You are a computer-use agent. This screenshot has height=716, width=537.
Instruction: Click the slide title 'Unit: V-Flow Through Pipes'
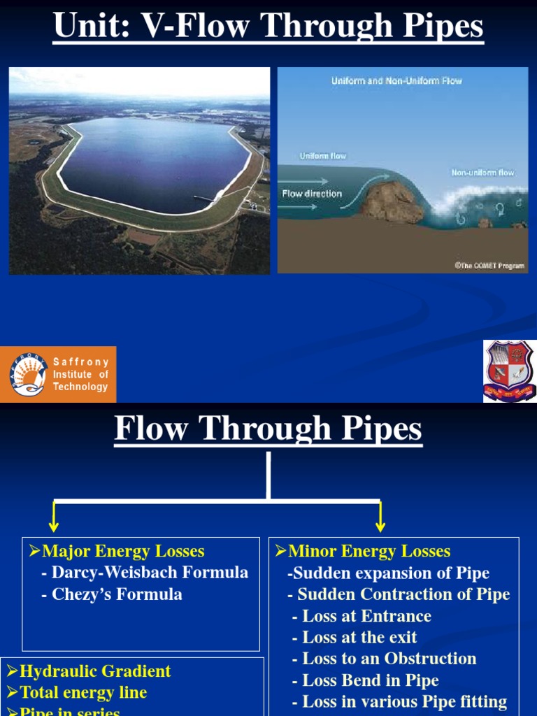(x=268, y=27)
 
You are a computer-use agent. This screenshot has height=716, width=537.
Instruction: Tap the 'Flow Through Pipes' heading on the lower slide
(x=268, y=429)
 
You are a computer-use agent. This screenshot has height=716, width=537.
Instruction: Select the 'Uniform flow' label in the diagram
(x=322, y=156)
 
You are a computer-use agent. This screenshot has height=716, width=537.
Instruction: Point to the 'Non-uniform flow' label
(x=482, y=172)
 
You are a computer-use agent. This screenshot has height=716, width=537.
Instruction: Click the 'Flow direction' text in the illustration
(x=311, y=194)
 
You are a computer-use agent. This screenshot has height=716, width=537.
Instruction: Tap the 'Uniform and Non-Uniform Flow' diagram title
(x=396, y=81)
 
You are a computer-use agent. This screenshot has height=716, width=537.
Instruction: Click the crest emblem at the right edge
(x=510, y=371)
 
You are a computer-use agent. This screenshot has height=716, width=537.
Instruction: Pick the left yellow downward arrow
(x=54, y=519)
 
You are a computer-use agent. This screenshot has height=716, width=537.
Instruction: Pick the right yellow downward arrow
(x=380, y=519)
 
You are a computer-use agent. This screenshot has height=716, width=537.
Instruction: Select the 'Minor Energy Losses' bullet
(x=363, y=552)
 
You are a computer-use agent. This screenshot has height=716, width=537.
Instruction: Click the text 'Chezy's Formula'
(x=117, y=594)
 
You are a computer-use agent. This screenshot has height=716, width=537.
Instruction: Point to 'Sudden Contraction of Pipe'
(x=399, y=594)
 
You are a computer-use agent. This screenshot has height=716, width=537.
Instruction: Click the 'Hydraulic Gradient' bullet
(x=89, y=671)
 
